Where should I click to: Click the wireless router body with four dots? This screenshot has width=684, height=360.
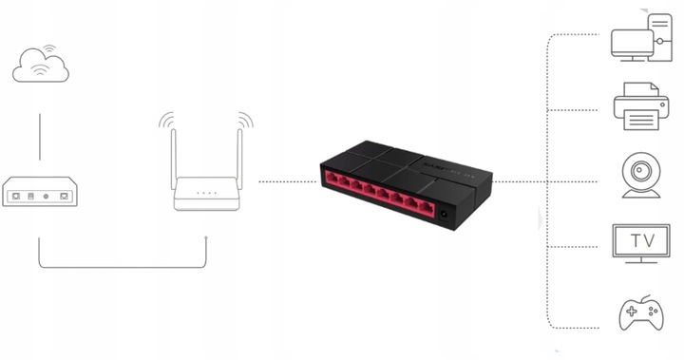pyautogui.click(x=206, y=194)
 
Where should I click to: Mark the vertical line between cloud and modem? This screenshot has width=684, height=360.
pyautogui.click(x=40, y=136)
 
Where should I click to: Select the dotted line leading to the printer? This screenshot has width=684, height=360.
pyautogui.click(x=579, y=109)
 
